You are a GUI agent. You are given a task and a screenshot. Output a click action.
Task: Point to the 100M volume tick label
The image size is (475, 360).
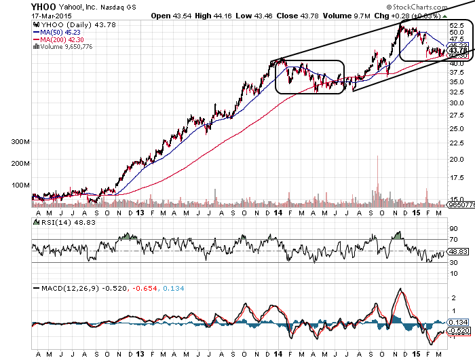click(x=20, y=185)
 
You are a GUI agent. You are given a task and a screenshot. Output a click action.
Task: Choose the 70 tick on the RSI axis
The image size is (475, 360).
click(x=454, y=239)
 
